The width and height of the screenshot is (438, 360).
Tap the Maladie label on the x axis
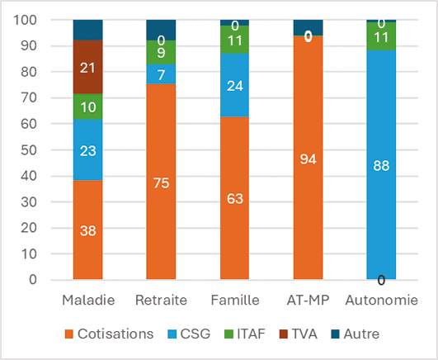(87, 299)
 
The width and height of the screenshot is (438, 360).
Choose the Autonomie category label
(380, 299)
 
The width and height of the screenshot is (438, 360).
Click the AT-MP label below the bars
(308, 299)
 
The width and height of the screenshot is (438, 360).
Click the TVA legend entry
(297, 334)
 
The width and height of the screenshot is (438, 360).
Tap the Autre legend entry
(356, 334)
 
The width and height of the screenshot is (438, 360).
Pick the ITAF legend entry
(244, 334)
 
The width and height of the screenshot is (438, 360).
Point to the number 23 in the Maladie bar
(87, 151)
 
